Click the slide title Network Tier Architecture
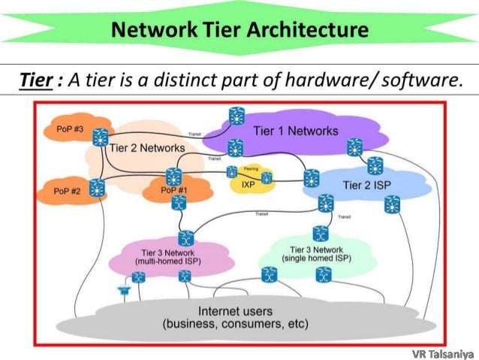click(240, 30)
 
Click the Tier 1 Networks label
click(295, 131)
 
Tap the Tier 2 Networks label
click(146, 148)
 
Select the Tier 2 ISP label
click(366, 184)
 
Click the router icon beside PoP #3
click(99, 138)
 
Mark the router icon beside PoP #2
click(96, 188)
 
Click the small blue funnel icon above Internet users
click(122, 287)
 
